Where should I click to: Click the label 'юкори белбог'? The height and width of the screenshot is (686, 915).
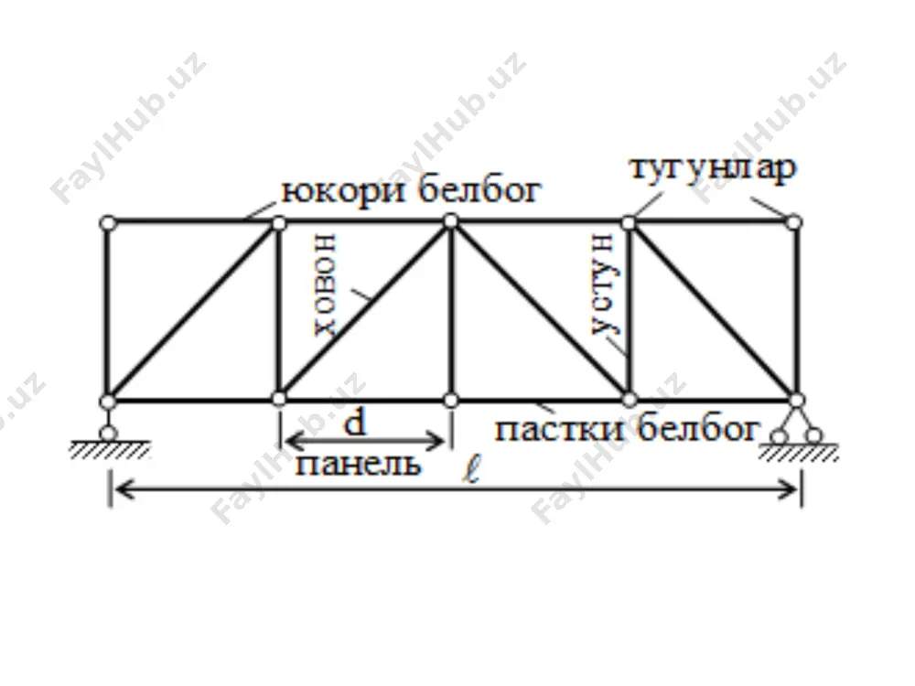click(412, 190)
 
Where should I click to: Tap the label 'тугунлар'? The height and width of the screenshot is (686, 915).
click(713, 168)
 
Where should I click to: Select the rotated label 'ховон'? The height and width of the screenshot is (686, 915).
click(325, 284)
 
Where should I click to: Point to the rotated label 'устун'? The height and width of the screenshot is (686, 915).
click(603, 284)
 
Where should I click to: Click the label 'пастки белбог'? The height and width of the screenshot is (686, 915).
click(628, 429)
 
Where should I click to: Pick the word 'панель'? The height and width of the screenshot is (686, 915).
click(358, 465)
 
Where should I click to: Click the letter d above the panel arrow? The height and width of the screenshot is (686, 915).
click(355, 423)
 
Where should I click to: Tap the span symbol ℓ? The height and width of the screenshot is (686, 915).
click(471, 470)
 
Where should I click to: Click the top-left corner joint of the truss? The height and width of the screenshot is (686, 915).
click(108, 223)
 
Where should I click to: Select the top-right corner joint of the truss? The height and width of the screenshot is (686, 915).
click(793, 222)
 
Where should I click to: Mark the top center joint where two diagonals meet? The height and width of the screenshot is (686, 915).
click(450, 221)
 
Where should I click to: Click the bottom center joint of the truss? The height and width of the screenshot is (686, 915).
click(450, 401)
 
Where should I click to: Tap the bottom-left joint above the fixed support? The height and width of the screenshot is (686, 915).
click(108, 402)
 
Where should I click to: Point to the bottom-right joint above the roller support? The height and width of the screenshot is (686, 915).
click(797, 401)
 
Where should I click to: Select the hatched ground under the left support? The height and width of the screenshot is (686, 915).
click(110, 450)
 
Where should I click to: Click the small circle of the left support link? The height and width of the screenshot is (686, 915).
click(108, 434)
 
